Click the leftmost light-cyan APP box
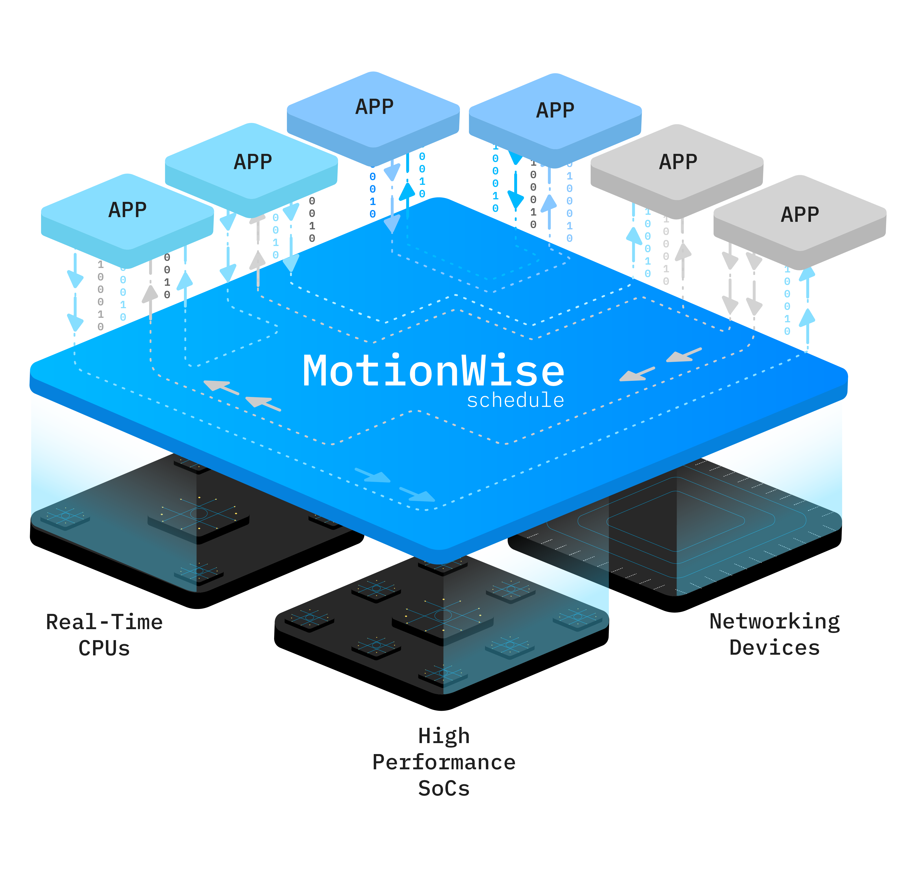click(127, 212)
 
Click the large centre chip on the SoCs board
click(443, 617)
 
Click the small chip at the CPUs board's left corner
click(65, 517)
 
